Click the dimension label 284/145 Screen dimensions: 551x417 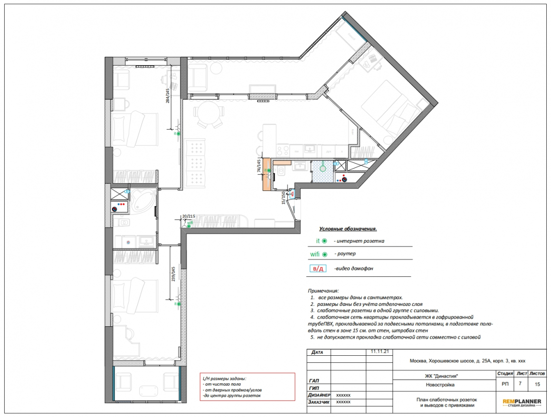tap(168, 95)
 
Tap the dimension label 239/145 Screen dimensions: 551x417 tap(173, 274)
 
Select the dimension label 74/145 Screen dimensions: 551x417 tap(259, 166)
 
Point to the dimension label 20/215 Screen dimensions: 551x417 tap(189, 217)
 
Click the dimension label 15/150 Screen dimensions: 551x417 tap(284, 198)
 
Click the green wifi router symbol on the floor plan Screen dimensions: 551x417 tap(189, 226)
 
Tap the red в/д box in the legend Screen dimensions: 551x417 tap(318, 269)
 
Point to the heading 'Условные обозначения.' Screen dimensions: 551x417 tap(348, 229)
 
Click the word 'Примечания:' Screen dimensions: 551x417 tap(323, 291)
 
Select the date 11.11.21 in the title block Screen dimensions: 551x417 tap(380, 351)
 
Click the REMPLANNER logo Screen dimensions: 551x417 tap(522, 403)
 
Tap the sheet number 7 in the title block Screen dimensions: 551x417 tap(520, 384)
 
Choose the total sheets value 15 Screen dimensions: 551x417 tap(537, 384)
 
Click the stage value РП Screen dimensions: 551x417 tap(505, 384)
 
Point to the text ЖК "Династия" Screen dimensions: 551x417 tap(441, 376)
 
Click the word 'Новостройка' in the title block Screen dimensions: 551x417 tap(440, 385)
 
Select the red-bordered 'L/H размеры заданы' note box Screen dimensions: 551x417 tap(247, 387)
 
